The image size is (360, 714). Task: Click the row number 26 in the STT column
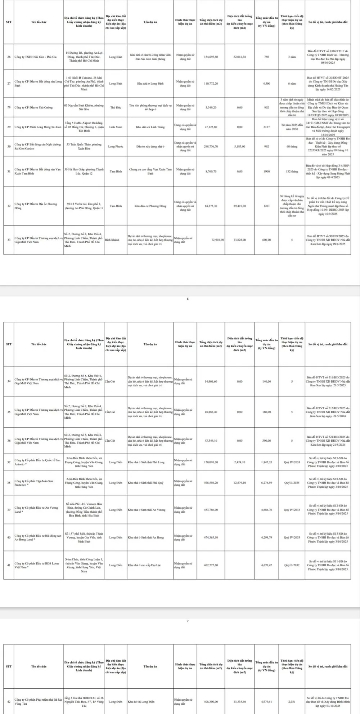pyautogui.click(x=9, y=57)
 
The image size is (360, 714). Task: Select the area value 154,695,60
pyautogui.click(x=211, y=57)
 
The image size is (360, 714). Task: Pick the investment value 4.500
pyautogui.click(x=266, y=84)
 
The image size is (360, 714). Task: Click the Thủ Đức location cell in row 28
pyautogui.click(x=116, y=107)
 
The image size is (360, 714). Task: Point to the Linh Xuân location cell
pyautogui.click(x=116, y=127)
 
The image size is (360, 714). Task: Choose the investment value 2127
pyautogui.click(x=266, y=127)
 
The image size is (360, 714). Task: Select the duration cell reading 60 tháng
pyautogui.click(x=292, y=147)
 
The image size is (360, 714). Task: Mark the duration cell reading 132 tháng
pyautogui.click(x=292, y=171)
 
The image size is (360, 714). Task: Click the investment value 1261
pyautogui.click(x=266, y=206)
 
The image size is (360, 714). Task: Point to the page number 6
pyautogui.click(x=188, y=299)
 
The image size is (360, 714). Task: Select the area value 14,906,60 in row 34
pyautogui.click(x=211, y=381)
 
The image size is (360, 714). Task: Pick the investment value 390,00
pyautogui.click(x=266, y=441)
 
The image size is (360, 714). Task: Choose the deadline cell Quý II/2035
pyautogui.click(x=292, y=483)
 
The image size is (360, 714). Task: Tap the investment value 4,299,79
pyautogui.click(x=266, y=537)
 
